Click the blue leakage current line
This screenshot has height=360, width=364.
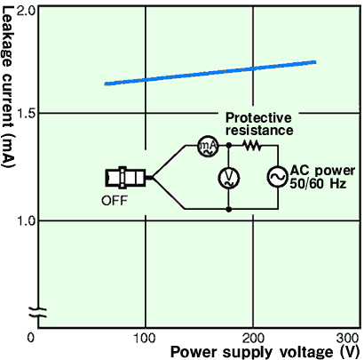(x=210, y=73)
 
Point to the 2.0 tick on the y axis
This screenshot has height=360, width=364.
(x=27, y=12)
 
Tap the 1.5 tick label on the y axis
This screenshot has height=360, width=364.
(x=27, y=114)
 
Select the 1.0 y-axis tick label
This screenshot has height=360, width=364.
(x=27, y=220)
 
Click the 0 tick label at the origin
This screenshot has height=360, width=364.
(x=31, y=338)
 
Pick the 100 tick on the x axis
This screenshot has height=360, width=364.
(x=145, y=338)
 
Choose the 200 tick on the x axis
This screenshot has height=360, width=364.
(x=252, y=338)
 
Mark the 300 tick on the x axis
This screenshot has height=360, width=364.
(x=348, y=338)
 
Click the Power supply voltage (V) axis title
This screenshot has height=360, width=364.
(x=265, y=352)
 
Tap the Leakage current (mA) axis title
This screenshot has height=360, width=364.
(x=7, y=88)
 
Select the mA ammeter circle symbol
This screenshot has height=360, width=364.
(x=208, y=146)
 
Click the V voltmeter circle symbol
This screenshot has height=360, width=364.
(x=229, y=178)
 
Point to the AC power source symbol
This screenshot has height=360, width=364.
(x=278, y=177)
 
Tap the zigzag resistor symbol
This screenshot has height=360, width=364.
(x=252, y=145)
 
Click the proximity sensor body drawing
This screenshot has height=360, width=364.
(x=126, y=178)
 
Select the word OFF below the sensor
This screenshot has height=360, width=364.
(x=115, y=201)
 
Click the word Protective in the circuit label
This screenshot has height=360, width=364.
(x=258, y=117)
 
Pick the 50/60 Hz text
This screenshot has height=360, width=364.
(x=318, y=184)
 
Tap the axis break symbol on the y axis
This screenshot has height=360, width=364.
(x=38, y=312)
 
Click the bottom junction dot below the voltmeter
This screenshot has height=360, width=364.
(x=229, y=210)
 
